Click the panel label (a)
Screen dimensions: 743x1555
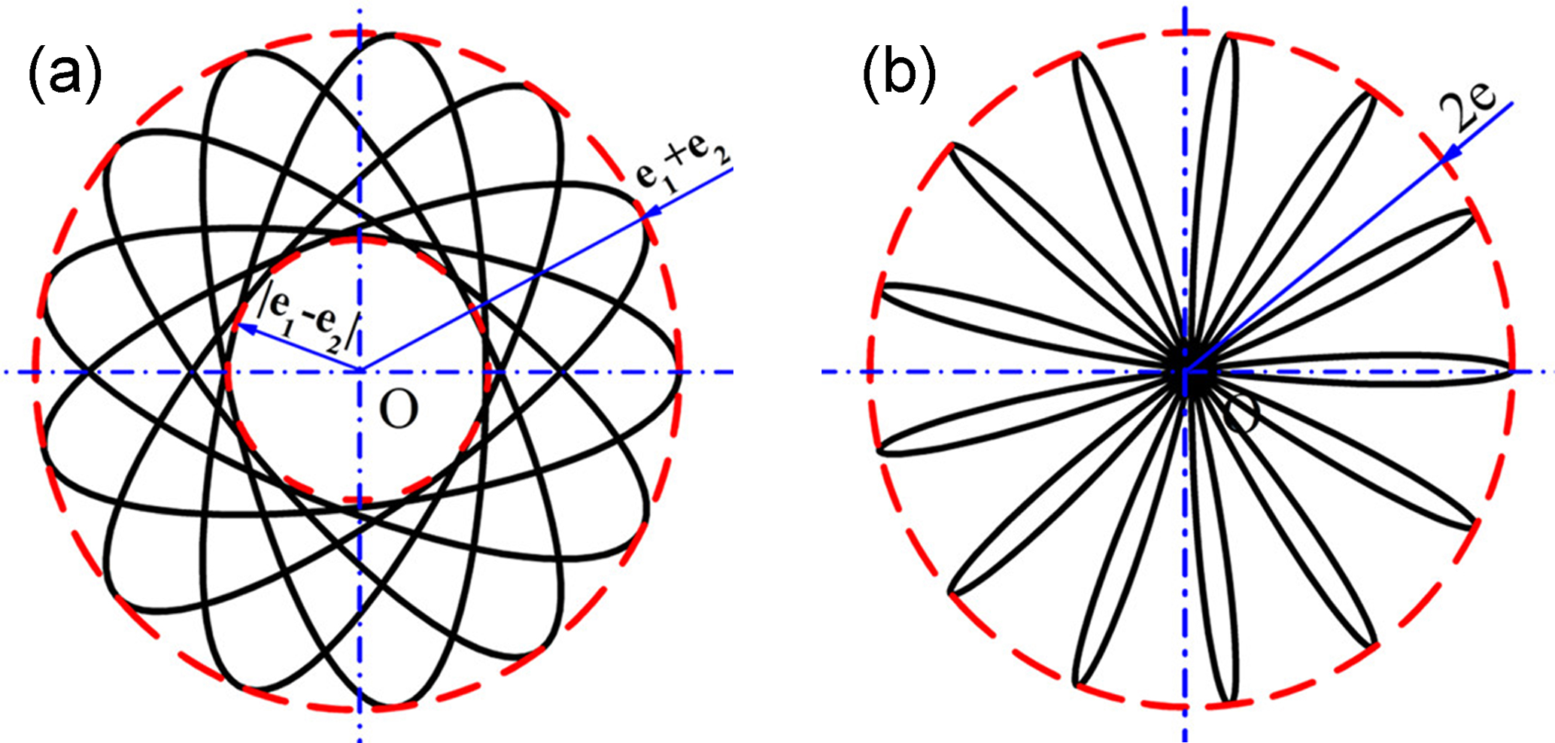point(64,75)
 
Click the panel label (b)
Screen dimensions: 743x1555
point(899,75)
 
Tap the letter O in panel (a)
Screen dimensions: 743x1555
point(398,410)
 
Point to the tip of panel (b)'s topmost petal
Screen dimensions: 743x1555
point(1229,36)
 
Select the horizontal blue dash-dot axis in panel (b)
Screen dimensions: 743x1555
point(978,371)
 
